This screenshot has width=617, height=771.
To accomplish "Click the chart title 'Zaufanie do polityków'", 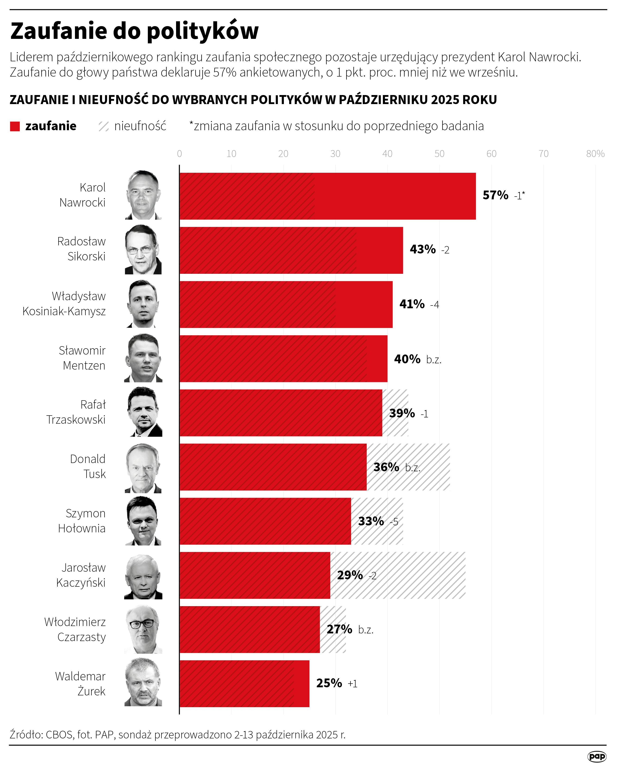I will point(134,31).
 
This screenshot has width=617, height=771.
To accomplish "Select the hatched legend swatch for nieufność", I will point(103,126).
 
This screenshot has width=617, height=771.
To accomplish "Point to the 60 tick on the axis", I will point(491,154).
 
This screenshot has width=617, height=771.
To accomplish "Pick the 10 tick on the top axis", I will point(231,154).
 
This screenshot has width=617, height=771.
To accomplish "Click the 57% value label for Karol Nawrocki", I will point(495,195).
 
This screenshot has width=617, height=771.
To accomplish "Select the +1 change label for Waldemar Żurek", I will point(352,684).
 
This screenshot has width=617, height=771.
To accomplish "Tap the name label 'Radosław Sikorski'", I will point(82,249).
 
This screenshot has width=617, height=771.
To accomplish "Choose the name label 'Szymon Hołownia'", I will point(82,521).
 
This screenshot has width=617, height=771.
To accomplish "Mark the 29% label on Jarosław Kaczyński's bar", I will point(350,575).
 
